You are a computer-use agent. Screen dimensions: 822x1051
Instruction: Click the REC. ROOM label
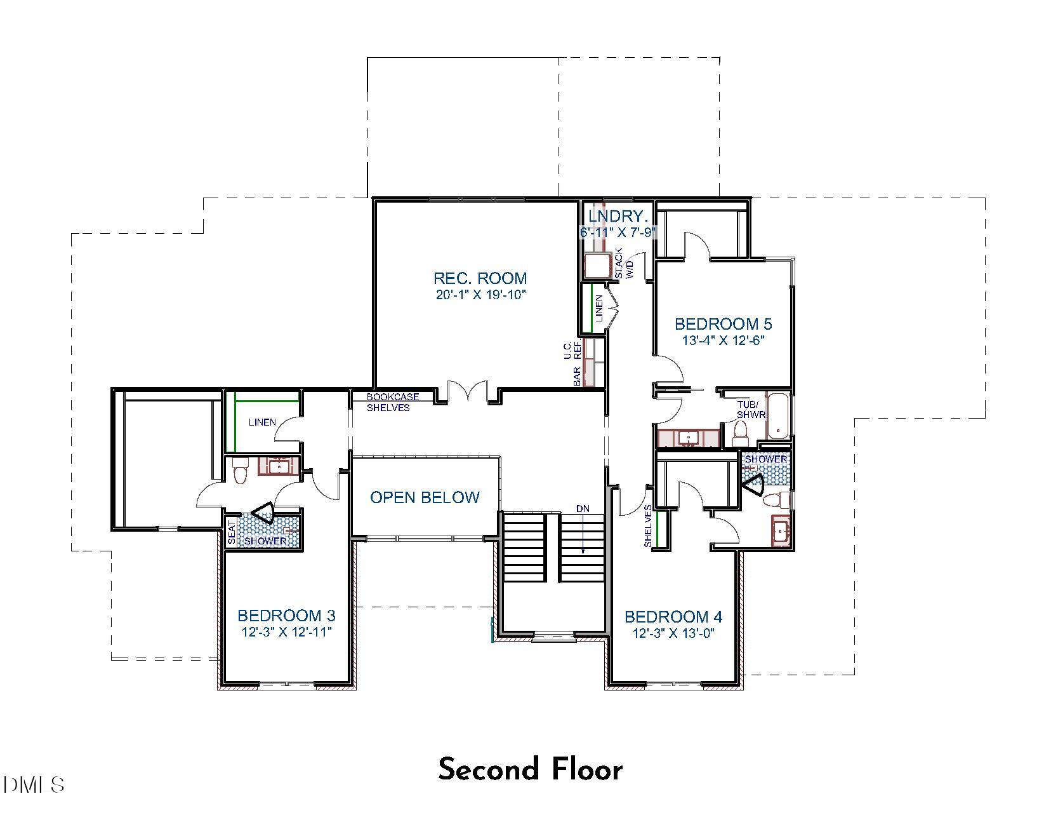(x=480, y=278)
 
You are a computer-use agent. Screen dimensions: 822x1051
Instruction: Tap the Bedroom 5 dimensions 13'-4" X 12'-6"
(x=723, y=340)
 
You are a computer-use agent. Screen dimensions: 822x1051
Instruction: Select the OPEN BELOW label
(x=425, y=497)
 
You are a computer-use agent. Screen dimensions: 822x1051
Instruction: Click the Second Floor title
(x=530, y=769)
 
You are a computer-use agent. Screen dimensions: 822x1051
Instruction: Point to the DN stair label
(x=583, y=508)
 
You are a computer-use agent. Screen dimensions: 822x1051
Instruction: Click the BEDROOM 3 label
(x=286, y=616)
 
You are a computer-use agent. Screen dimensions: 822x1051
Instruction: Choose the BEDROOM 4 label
(x=673, y=617)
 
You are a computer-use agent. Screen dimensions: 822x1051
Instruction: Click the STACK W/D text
(x=624, y=263)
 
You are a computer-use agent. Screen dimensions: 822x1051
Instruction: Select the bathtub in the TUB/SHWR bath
(x=777, y=416)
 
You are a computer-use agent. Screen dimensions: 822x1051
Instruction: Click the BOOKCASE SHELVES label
(x=392, y=402)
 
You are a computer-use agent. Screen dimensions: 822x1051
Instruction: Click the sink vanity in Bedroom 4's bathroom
(x=781, y=530)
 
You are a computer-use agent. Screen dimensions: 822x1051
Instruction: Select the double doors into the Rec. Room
(x=468, y=393)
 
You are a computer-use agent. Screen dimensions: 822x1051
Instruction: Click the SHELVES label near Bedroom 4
(x=647, y=526)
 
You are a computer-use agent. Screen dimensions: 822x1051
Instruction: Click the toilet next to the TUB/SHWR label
(x=740, y=433)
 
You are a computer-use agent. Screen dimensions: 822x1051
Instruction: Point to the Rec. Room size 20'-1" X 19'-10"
(x=480, y=295)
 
